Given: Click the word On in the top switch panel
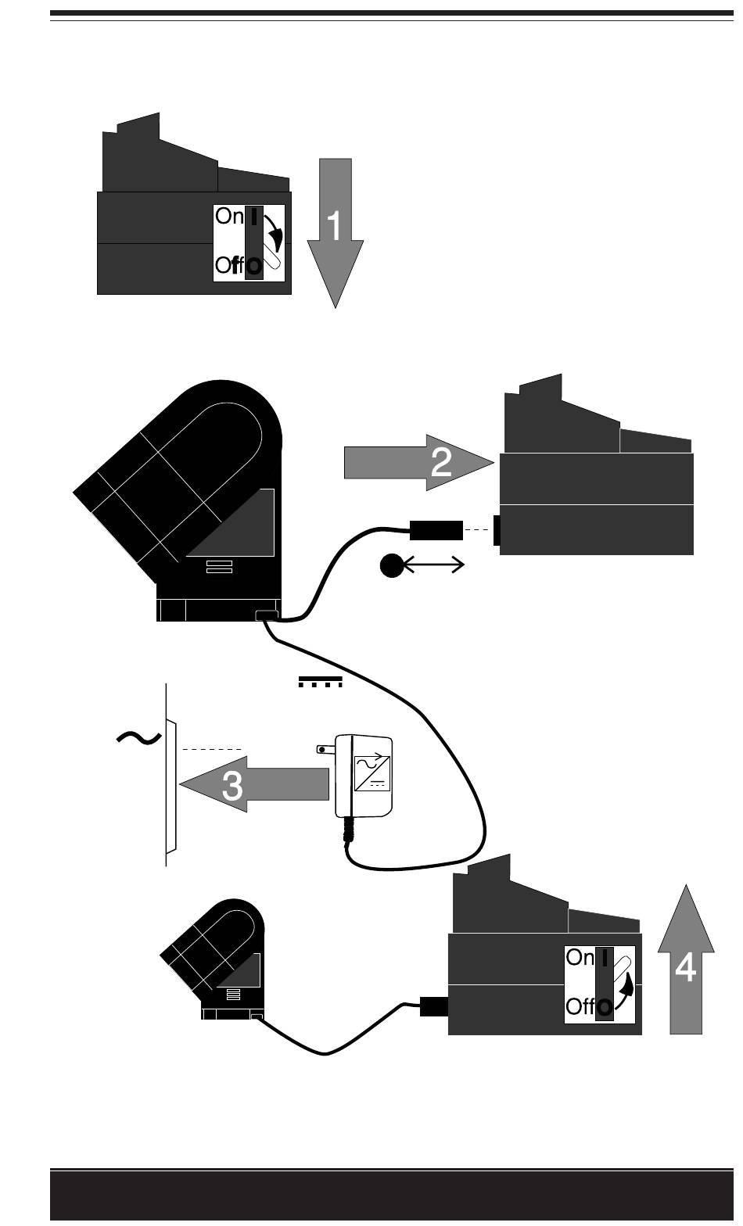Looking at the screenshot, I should click(x=229, y=217).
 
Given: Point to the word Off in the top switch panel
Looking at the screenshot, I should click(x=232, y=266).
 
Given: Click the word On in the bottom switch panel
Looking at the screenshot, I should click(x=580, y=958).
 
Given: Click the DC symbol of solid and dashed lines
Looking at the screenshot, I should click(x=321, y=682).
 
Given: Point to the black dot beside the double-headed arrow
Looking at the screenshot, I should click(x=391, y=565).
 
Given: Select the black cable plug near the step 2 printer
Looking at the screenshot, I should click(x=436, y=530).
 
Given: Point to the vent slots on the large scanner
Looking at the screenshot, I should click(x=219, y=567).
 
